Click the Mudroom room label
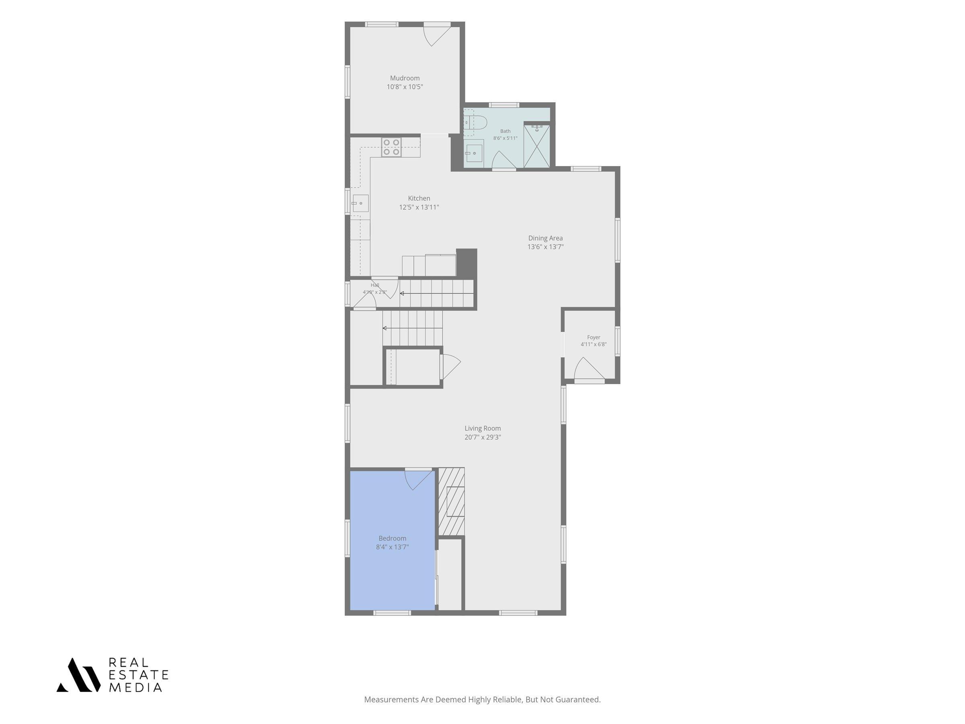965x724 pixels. (x=404, y=78)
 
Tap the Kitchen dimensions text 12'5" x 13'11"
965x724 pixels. (x=419, y=207)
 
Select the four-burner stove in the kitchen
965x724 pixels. (x=391, y=147)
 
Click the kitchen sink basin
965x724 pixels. (x=360, y=204)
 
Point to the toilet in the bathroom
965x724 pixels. (x=476, y=123)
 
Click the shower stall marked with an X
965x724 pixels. (x=537, y=146)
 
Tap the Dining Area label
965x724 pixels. (x=545, y=238)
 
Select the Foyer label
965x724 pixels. (x=593, y=337)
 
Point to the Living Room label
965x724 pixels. (x=482, y=428)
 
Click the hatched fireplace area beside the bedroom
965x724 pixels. (x=451, y=502)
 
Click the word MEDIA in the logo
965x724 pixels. (x=135, y=687)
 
